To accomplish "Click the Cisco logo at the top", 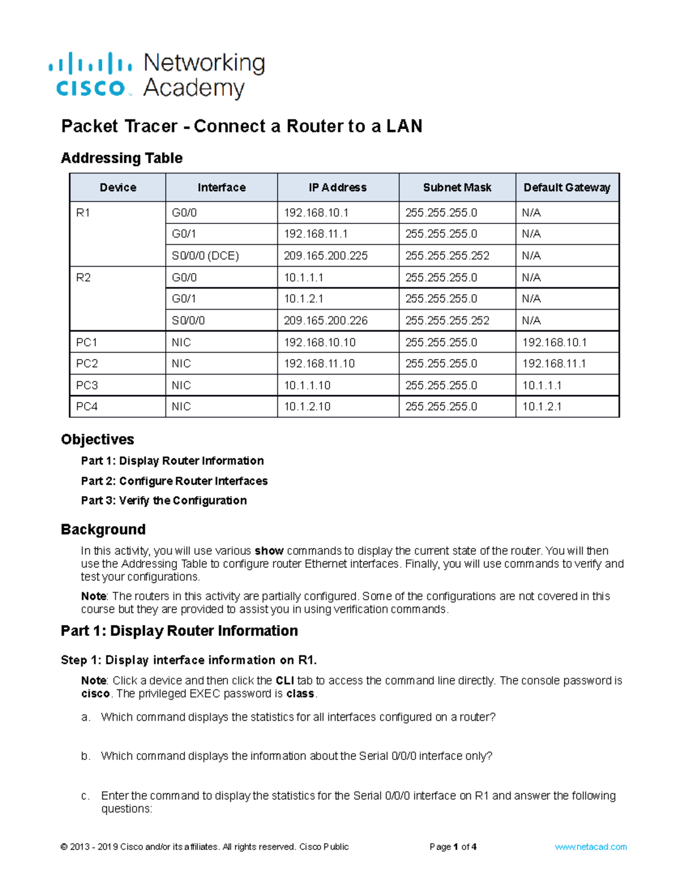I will [x=91, y=75].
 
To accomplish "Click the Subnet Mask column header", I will [x=457, y=187].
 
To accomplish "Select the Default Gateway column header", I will [x=567, y=187].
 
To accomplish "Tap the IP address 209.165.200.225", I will [x=326, y=256].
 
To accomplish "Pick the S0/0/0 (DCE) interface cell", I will [x=205, y=256].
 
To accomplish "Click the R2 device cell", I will [x=84, y=277].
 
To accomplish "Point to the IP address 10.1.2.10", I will [x=307, y=407].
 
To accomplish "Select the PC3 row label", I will [x=87, y=385].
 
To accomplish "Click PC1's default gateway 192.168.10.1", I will [x=554, y=342].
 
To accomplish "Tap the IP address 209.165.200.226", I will [x=326, y=320].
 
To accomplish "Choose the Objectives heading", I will [x=98, y=439].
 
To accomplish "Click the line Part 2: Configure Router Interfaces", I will [x=174, y=481].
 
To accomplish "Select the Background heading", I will [x=103, y=529].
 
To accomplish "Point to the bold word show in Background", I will [x=269, y=551].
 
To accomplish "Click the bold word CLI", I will [x=285, y=681].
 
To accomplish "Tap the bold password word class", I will [x=300, y=694].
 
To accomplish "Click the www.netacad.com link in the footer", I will [x=590, y=847].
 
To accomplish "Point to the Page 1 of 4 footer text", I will [x=453, y=847].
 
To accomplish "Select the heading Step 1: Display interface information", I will [x=188, y=660].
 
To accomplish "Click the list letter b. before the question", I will [x=86, y=756].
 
